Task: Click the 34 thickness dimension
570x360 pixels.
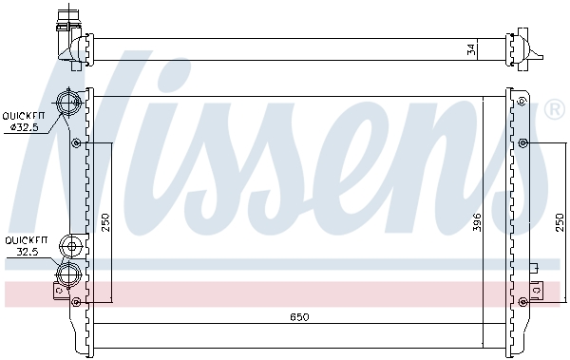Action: click(x=471, y=49)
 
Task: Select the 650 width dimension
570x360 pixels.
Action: click(x=299, y=317)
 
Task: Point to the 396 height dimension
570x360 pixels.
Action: click(x=477, y=222)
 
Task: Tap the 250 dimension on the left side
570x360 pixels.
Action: click(x=104, y=222)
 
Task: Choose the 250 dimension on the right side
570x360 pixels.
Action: click(x=560, y=222)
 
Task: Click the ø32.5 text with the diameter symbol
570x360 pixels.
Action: click(x=24, y=127)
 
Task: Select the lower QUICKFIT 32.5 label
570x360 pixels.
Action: click(x=27, y=246)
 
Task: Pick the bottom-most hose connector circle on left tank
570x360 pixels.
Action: click(x=68, y=274)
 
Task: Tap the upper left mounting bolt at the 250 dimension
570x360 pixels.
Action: click(x=76, y=142)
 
